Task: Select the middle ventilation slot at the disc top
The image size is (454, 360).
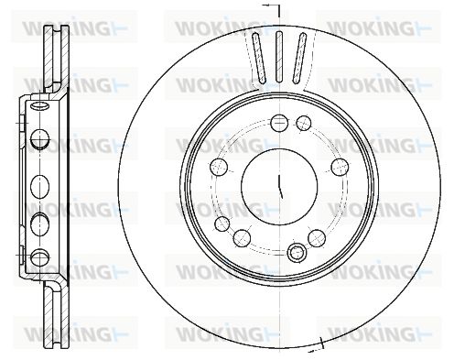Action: coord(279,57)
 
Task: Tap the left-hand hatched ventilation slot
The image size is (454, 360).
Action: coord(259,58)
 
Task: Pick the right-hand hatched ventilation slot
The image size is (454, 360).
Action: coord(299,58)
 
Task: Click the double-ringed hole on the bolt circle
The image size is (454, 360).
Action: coord(297,253)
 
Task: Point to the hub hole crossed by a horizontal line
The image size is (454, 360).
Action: coord(279,123)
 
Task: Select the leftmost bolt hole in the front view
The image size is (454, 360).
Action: coord(219,168)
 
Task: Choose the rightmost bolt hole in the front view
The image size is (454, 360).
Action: coord(340,167)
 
